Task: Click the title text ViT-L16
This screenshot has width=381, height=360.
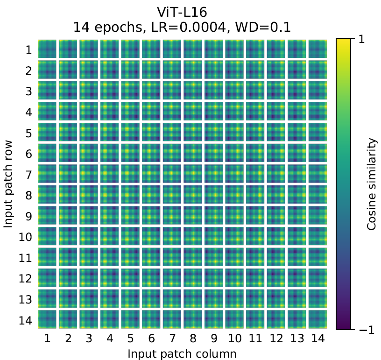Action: coord(182,12)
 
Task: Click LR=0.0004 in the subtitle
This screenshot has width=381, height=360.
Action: coord(189,27)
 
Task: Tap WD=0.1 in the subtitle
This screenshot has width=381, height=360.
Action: coord(263,27)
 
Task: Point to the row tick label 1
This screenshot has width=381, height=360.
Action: coord(28,50)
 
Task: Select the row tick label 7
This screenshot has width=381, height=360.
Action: coord(28,175)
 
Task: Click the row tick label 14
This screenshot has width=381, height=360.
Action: coord(25,320)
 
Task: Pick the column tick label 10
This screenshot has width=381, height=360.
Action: coord(235,338)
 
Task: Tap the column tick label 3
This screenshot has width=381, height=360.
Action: coord(89,338)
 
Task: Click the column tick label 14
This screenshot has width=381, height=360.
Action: coord(318,338)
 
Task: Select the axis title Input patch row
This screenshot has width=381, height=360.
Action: coord(8,184)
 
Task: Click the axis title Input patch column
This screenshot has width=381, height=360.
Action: coord(182,353)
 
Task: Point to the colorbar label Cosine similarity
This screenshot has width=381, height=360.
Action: coord(372,184)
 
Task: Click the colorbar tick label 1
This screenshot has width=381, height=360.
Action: coord(361,39)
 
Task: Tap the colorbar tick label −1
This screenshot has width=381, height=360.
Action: coord(367,330)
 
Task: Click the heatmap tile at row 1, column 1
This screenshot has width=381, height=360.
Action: coord(47,49)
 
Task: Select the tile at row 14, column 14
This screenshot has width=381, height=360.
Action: coord(317,319)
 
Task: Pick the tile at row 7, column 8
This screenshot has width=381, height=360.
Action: coord(193,174)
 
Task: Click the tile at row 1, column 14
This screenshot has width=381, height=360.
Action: coord(317,49)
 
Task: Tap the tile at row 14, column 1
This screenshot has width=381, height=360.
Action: coord(47,319)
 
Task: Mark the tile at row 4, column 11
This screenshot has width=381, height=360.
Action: coord(255,111)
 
